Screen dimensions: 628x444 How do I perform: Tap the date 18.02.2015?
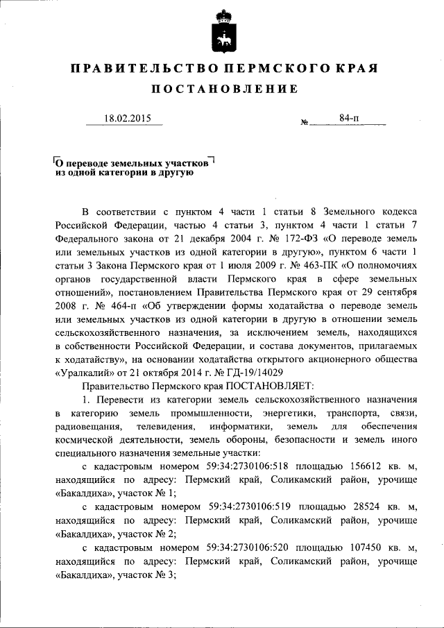pyautogui.click(x=123, y=118)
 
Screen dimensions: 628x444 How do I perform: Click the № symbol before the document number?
pyautogui.click(x=305, y=123)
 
